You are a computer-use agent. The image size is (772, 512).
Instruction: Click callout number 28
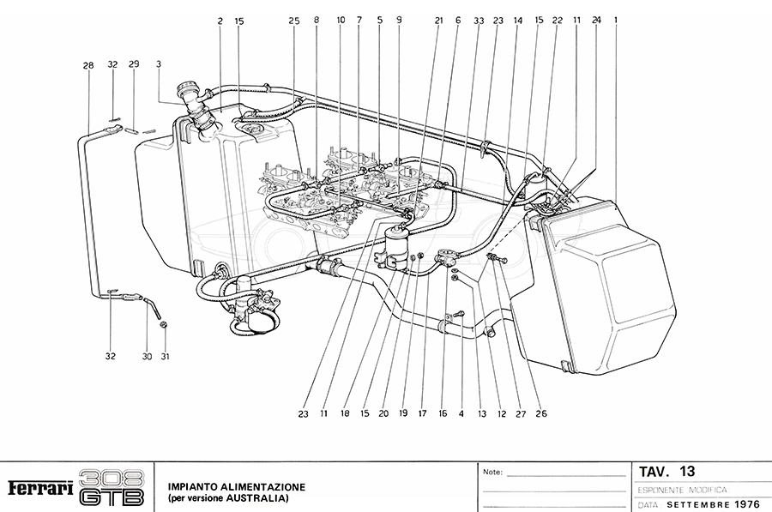pos(88,65)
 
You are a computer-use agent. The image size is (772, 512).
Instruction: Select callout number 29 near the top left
pos(134,65)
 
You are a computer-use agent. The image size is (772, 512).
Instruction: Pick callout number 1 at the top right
pos(615,20)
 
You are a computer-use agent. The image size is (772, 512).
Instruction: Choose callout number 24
pos(596,20)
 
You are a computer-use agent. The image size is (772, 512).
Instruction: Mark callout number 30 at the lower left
pos(147,357)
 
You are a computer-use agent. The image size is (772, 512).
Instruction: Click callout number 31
pos(165,357)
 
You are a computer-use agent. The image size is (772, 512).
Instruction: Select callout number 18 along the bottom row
pos(346,413)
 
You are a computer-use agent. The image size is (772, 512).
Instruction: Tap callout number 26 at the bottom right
pos(540,413)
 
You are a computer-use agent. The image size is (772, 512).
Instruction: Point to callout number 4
pos(461,413)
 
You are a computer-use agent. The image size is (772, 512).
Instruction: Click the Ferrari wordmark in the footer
pos(39,488)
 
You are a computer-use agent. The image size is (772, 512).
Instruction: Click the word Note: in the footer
pos(493,473)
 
